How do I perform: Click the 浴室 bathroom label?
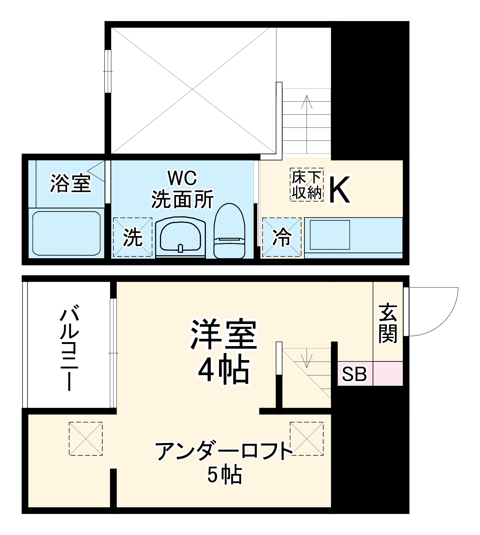tap(71, 183)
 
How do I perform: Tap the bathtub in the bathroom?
tap(66, 233)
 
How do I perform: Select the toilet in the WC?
tap(229, 232)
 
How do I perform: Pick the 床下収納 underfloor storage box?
tap(307, 185)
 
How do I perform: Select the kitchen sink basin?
tap(330, 235)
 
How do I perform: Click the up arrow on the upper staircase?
tap(307, 102)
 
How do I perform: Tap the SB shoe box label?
tap(354, 374)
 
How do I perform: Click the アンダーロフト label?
tap(224, 452)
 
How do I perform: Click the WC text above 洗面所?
tap(182, 178)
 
